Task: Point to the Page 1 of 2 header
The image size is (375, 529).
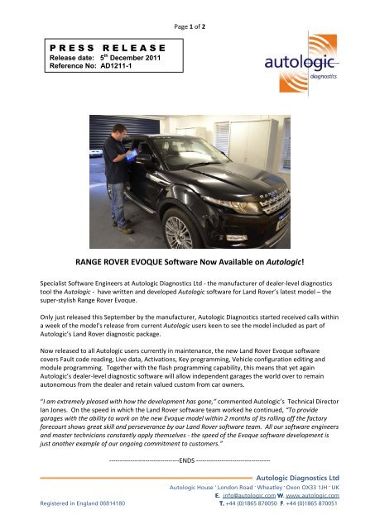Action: [x=187, y=8]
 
